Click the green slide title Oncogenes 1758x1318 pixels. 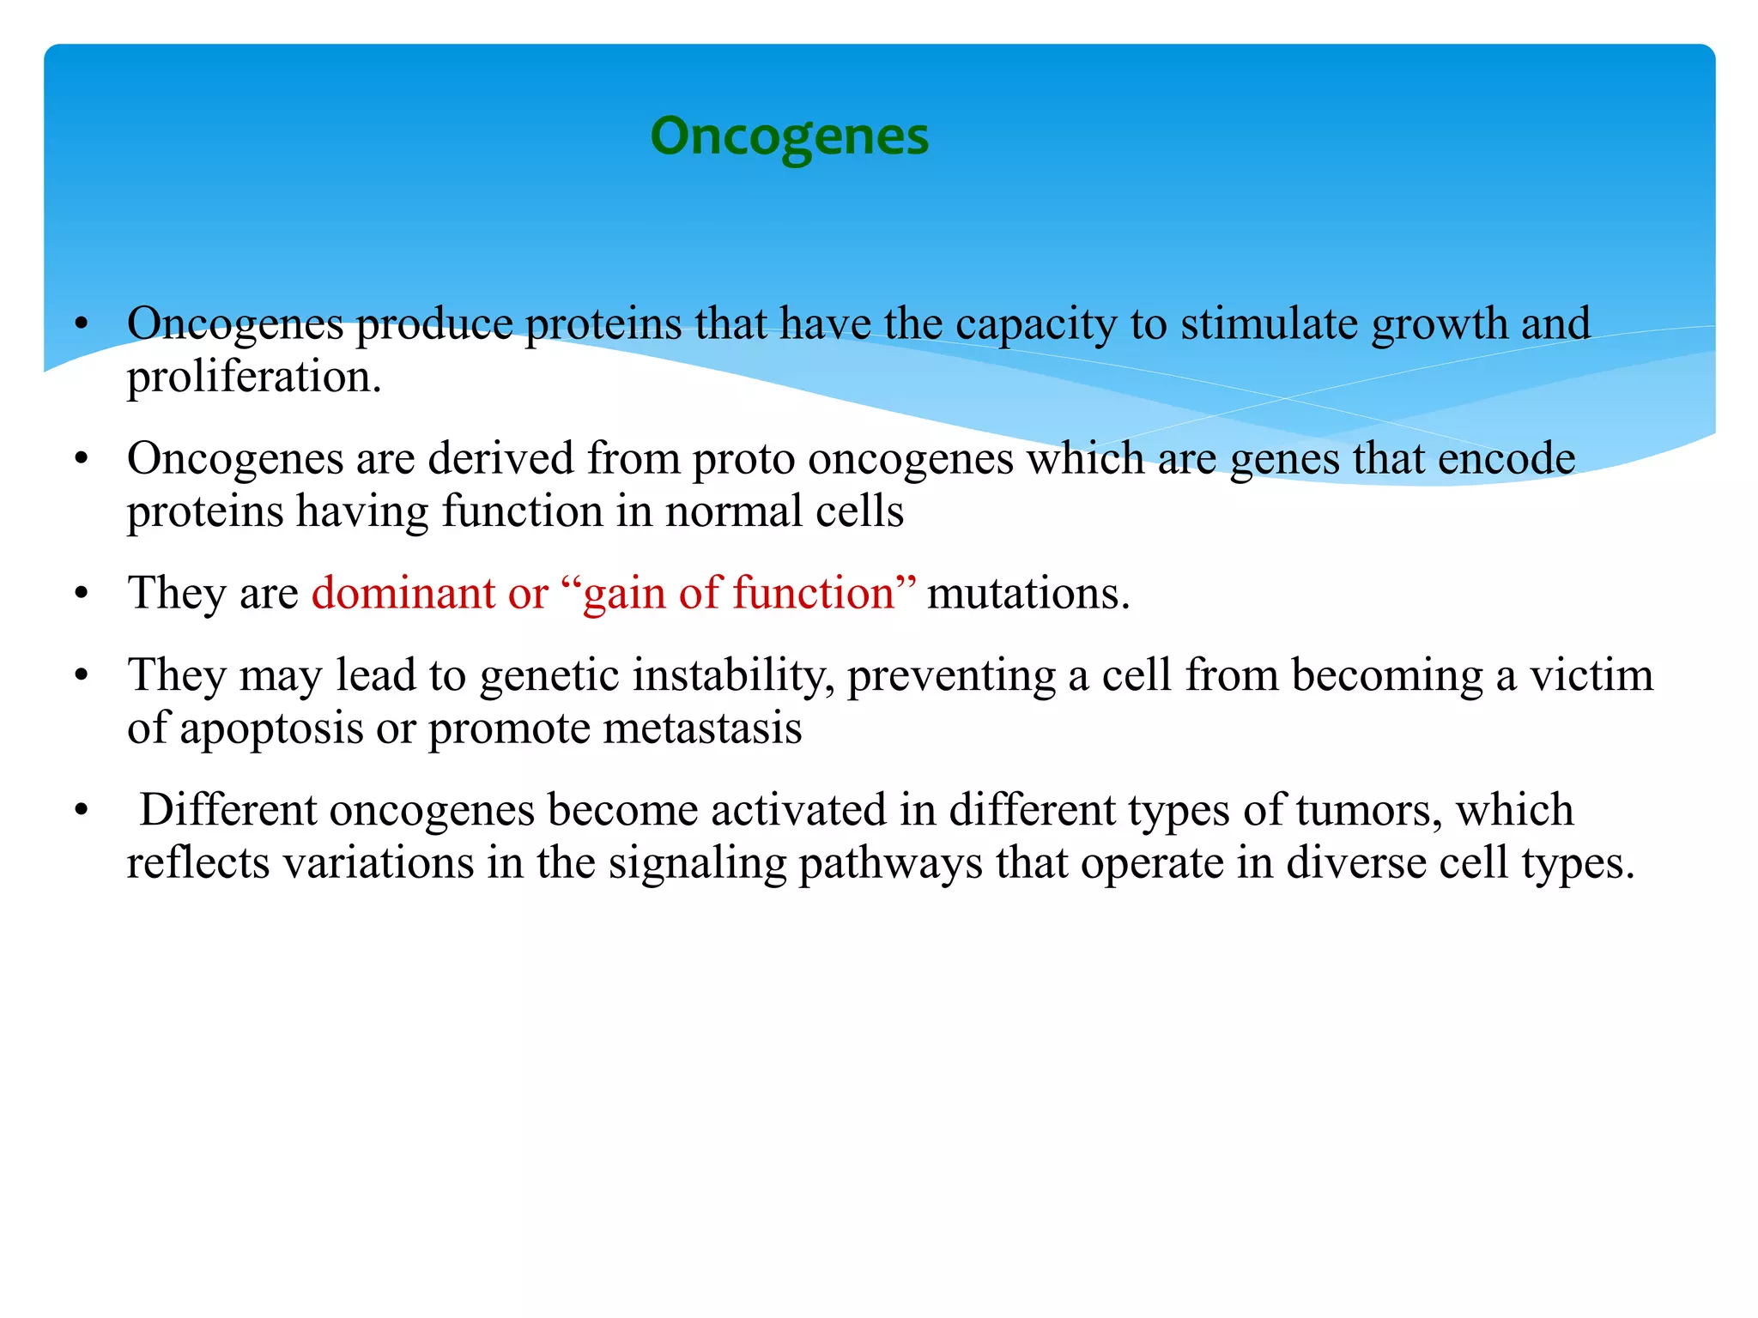[x=789, y=136]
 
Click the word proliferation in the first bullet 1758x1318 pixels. [x=254, y=377]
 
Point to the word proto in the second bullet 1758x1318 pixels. [x=744, y=459]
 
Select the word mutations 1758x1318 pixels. [x=1028, y=593]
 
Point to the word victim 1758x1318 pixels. [x=1592, y=674]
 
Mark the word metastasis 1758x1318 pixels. [x=702, y=728]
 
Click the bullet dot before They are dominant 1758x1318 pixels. [x=82, y=594]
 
